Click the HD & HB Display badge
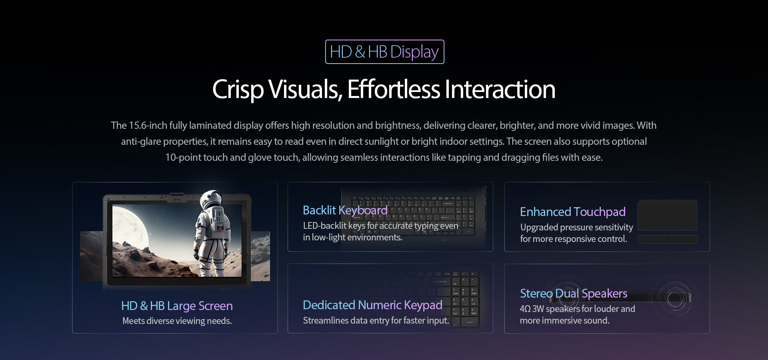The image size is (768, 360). [x=384, y=52]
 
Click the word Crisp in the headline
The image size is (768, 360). [x=238, y=90]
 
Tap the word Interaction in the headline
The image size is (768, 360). [x=500, y=89]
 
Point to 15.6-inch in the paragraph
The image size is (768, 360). [x=148, y=125]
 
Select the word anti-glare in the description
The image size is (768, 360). [x=141, y=142]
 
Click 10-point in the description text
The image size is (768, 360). [x=183, y=158]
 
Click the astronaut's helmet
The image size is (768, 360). [x=210, y=200]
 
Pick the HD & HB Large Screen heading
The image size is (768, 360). [x=177, y=306]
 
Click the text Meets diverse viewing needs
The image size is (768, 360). [x=177, y=321]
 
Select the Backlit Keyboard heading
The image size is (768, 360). [x=345, y=210]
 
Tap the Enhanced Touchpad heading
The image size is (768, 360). [x=572, y=212]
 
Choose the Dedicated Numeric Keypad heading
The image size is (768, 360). [x=372, y=305]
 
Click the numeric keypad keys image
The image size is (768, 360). [x=465, y=298]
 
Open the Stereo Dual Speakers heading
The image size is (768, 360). [x=573, y=293]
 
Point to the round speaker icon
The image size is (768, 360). [x=675, y=299]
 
